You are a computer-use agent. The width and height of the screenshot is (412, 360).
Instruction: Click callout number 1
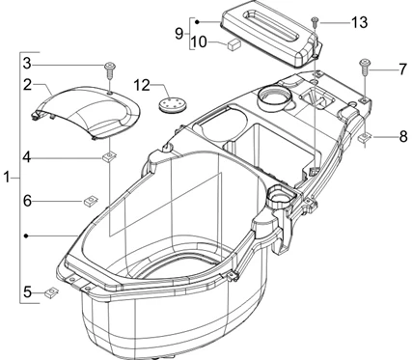point(9,179)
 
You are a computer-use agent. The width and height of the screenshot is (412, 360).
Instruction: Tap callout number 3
point(29,64)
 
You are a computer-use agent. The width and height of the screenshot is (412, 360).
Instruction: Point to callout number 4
point(29,156)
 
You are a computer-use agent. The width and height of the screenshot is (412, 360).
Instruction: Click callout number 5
point(29,290)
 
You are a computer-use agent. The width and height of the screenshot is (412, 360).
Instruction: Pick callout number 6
point(29,200)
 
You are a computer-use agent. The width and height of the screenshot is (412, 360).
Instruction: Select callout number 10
point(199,42)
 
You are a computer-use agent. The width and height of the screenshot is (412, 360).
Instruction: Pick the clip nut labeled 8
point(367,137)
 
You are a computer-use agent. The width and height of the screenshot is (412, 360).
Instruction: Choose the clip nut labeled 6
point(89,200)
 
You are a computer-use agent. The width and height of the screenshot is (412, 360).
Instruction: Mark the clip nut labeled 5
point(54,292)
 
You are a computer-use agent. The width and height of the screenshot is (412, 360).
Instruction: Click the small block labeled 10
point(234,44)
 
